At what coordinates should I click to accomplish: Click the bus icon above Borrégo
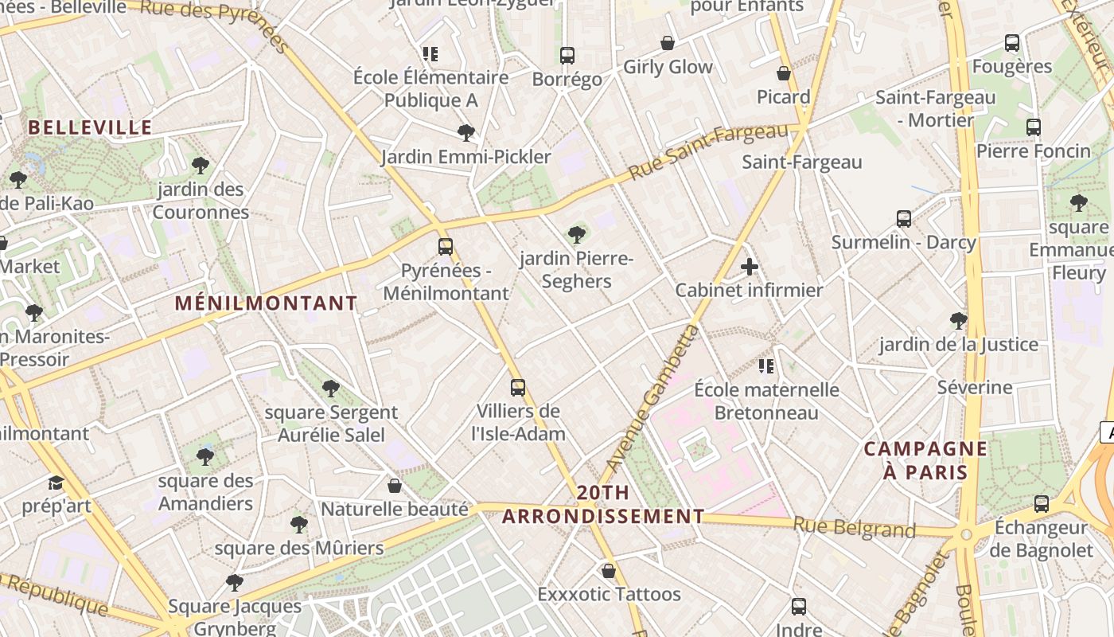coord(567,56)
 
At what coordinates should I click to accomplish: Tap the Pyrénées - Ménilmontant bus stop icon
coord(446,247)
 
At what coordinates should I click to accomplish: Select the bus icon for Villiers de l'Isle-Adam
coord(518,388)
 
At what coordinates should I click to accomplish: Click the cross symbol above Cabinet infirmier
coord(749,267)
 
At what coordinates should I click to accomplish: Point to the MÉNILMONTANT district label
coord(266,303)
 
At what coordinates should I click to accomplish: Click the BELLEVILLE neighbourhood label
coord(90,127)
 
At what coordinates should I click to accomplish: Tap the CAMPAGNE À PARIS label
coord(925,460)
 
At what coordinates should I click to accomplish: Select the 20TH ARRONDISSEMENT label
coord(603,505)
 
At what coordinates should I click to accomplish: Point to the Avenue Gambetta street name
coord(651,398)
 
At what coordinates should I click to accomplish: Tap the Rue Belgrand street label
coord(854,527)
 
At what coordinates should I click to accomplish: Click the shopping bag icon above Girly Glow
coord(667,43)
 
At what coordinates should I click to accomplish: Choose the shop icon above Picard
coord(784,74)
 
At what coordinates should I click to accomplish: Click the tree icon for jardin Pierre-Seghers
coord(577,235)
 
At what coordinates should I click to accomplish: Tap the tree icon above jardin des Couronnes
coord(201,166)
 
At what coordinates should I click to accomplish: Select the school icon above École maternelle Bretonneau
coord(765,366)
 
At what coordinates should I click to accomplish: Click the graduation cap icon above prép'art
coord(56,483)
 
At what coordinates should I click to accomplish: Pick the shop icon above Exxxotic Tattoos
coord(609,571)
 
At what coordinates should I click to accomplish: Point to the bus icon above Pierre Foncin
coord(1033,127)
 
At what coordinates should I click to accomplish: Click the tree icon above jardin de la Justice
coord(958,321)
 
